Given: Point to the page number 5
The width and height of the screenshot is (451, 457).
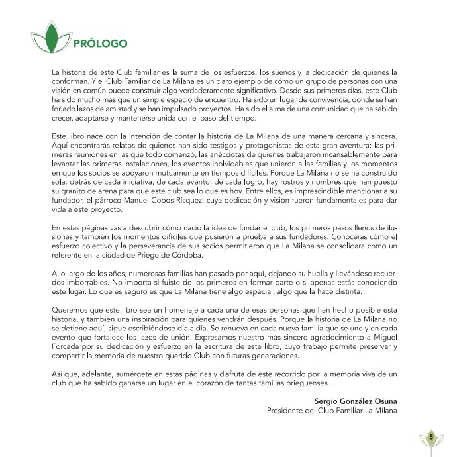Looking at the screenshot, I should click(x=431, y=437).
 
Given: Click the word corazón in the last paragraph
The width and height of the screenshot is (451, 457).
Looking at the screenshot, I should click(x=222, y=383).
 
